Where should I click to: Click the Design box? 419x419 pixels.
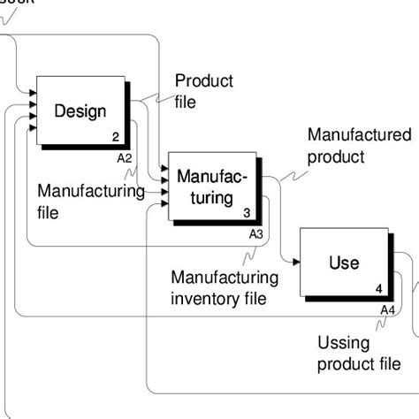pos(80,111)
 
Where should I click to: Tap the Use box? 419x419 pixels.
pos(344,263)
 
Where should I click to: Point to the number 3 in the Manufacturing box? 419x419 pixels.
pos(248,213)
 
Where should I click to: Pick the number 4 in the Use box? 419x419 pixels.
pos(378,289)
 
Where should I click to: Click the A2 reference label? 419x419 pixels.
pos(125,157)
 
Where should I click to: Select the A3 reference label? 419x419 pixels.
pos(255,234)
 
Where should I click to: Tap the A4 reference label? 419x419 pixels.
pos(387,309)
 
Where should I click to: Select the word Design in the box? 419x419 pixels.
pos(80,111)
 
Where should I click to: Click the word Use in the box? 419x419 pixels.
pos(344,263)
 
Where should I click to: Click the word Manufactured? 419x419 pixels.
pos(359,135)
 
